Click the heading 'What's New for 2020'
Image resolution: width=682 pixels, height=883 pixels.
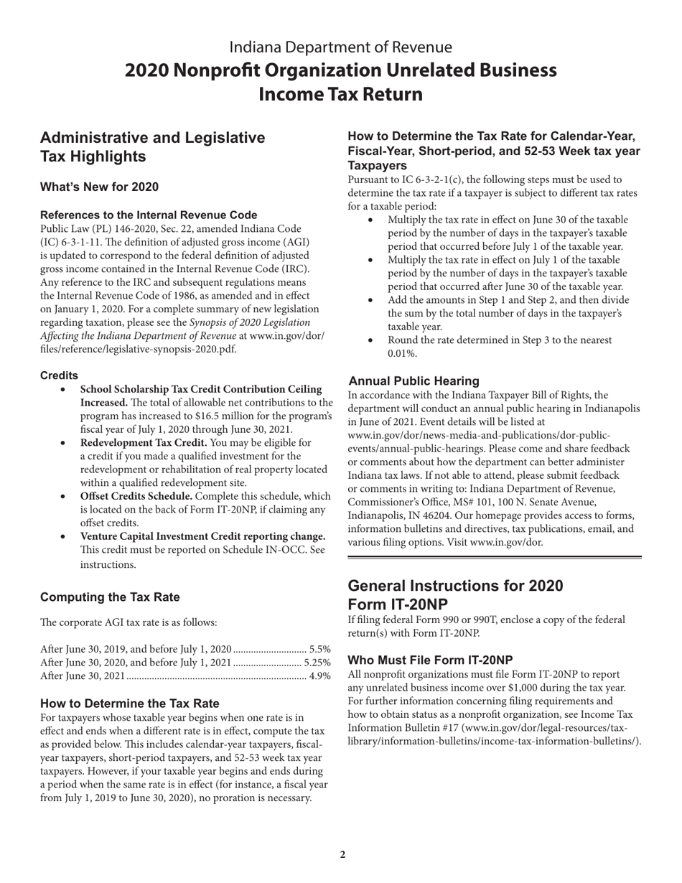pyautogui.click(x=99, y=187)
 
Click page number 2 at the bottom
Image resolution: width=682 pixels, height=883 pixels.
pyautogui.click(x=342, y=854)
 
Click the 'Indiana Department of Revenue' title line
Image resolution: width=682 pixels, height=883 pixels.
pyautogui.click(x=340, y=47)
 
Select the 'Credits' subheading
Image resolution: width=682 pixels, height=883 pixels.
pyautogui.click(x=59, y=375)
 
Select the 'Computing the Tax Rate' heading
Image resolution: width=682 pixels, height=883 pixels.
pyautogui.click(x=110, y=597)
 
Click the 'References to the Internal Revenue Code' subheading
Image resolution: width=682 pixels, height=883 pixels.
pyautogui.click(x=149, y=215)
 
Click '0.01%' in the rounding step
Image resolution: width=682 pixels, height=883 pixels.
pyautogui.click(x=402, y=354)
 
